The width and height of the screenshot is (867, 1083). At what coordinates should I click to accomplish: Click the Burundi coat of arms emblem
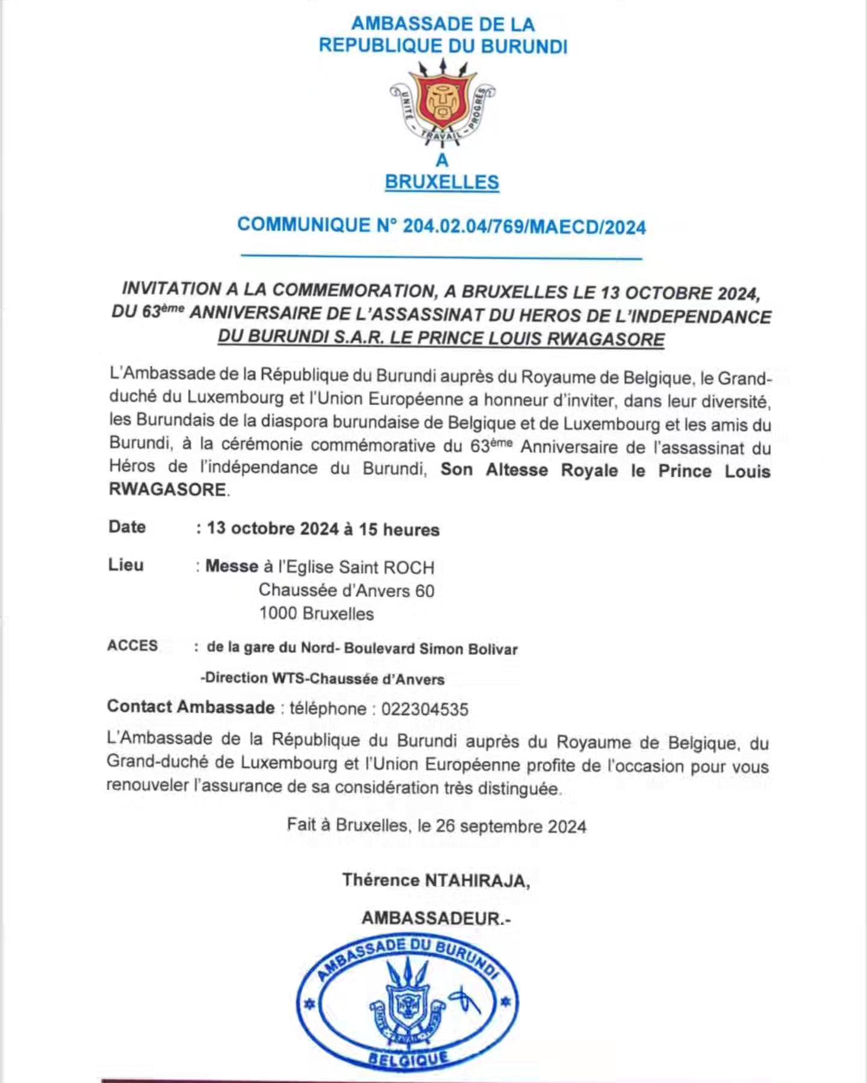click(x=443, y=105)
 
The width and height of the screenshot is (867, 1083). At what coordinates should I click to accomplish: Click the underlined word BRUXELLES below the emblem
click(x=442, y=182)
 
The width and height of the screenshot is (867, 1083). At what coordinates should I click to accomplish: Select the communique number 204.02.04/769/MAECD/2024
click(x=524, y=227)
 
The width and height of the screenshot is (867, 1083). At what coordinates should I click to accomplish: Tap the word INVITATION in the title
click(x=172, y=289)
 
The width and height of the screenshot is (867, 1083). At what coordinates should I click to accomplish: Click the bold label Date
click(x=127, y=527)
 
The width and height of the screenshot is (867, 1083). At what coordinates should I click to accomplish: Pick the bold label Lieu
click(x=126, y=565)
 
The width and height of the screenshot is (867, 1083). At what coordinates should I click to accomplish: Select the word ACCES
click(x=132, y=645)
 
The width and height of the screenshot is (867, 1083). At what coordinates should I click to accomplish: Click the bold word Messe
click(x=232, y=566)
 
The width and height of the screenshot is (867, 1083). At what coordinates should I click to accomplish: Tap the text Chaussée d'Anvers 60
click(x=346, y=591)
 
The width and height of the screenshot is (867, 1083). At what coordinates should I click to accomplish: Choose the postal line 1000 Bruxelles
click(x=317, y=613)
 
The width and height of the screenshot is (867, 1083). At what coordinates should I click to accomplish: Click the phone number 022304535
click(x=424, y=709)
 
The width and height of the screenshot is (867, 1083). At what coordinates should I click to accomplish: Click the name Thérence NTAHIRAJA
click(x=436, y=880)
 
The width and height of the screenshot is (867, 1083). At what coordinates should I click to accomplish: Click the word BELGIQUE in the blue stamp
click(x=409, y=1058)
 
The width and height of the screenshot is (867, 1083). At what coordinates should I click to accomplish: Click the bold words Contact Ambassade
click(x=191, y=707)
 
